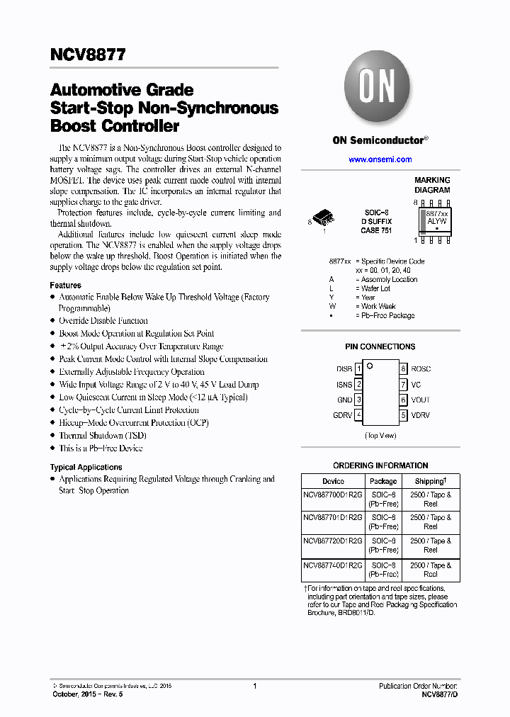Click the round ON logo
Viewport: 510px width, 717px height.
click(378, 87)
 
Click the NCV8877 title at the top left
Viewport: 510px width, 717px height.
click(88, 55)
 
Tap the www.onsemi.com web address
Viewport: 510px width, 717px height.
click(380, 159)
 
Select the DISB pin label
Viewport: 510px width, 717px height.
click(344, 369)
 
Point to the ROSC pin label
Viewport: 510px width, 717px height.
click(420, 369)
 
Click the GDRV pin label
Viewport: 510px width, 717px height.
click(342, 415)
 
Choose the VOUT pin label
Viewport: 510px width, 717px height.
click(420, 400)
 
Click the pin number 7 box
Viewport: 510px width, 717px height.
click(403, 385)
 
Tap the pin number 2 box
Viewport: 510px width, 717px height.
click(359, 385)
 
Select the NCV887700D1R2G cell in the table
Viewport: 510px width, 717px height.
click(333, 495)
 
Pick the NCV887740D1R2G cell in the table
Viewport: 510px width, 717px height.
click(333, 565)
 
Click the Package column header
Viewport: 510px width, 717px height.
click(383, 481)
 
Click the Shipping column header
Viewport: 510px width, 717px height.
click(430, 481)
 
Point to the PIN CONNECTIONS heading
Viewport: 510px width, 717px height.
click(380, 346)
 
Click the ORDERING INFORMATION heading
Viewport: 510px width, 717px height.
click(380, 465)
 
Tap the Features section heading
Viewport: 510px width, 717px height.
click(65, 285)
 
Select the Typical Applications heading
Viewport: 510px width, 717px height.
click(86, 467)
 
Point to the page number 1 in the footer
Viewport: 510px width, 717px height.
click(254, 686)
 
